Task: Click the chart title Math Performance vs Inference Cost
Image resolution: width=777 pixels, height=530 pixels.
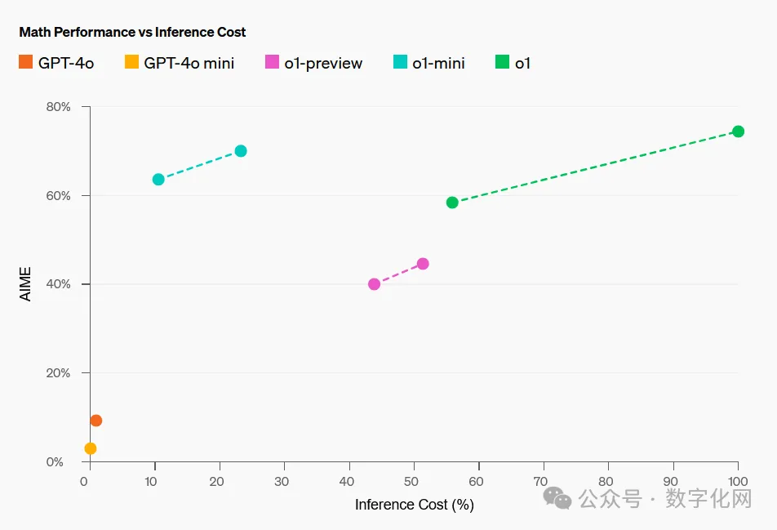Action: (132, 33)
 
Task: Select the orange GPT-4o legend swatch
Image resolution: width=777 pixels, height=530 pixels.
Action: (26, 62)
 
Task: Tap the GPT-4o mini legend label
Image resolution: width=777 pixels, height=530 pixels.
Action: (189, 63)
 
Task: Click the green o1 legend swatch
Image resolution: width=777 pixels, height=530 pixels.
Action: (502, 62)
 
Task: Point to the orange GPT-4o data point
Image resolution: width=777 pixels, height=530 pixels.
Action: (95, 421)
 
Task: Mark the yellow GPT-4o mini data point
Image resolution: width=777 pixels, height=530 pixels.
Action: (91, 448)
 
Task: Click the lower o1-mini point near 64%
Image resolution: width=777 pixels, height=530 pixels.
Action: (158, 180)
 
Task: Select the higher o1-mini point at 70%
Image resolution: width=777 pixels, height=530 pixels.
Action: (241, 151)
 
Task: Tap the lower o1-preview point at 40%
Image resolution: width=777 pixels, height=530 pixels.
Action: (374, 284)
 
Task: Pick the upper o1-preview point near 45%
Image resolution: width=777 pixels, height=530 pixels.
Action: (423, 264)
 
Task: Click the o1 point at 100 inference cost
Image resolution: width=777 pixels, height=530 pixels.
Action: (738, 131)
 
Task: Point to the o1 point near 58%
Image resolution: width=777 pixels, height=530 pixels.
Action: (452, 203)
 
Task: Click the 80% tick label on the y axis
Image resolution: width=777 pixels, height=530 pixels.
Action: (58, 107)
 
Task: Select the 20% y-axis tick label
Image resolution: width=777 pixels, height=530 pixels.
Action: (58, 373)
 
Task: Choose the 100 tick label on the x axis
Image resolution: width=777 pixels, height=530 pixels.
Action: (737, 482)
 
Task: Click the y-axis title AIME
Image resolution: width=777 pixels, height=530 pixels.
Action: (26, 284)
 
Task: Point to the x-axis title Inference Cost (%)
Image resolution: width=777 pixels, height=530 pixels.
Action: (414, 505)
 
